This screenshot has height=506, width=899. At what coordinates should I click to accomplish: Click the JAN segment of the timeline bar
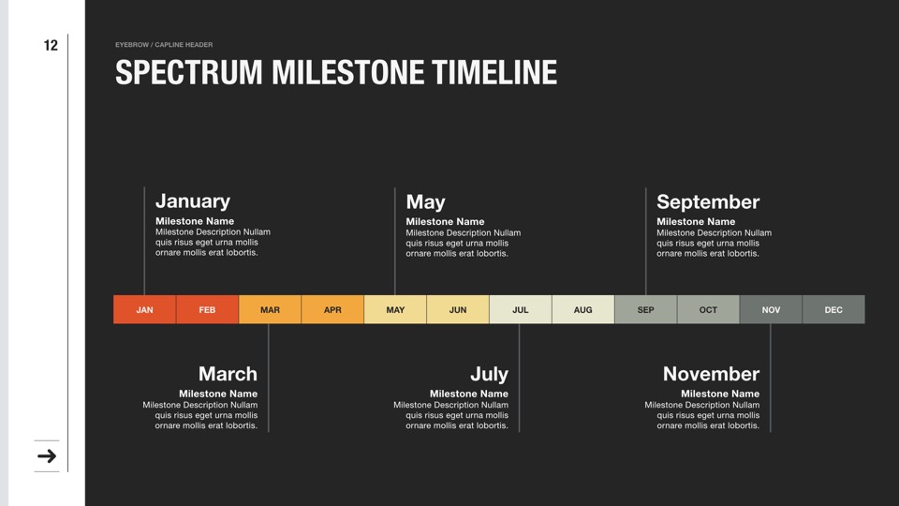[144, 309]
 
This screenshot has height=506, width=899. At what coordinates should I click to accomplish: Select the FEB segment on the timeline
[207, 309]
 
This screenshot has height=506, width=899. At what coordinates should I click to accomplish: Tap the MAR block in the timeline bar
[270, 309]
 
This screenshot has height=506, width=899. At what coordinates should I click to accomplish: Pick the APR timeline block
[332, 309]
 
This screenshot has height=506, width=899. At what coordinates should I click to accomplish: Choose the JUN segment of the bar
[458, 309]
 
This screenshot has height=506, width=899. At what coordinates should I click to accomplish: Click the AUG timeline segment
[583, 309]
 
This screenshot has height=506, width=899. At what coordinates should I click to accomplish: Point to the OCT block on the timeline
[708, 309]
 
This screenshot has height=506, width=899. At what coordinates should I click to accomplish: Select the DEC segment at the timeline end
[833, 309]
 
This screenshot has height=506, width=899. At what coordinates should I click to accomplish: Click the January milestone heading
[193, 201]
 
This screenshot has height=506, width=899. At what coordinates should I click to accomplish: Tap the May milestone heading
[425, 202]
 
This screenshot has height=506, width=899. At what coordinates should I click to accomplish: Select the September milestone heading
[708, 202]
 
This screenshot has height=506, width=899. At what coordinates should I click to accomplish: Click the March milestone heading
[228, 374]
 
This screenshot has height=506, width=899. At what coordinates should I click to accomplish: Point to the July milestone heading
[489, 375]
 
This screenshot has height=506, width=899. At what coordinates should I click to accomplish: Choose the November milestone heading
[711, 374]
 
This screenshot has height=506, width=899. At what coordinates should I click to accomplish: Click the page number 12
[51, 45]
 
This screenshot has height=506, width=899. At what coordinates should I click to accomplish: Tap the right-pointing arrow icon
[47, 456]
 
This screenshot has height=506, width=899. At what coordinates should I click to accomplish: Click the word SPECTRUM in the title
[188, 72]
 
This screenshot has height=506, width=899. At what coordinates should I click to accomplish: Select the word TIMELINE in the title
[494, 72]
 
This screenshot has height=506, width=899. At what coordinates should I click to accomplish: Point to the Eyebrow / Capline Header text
[164, 45]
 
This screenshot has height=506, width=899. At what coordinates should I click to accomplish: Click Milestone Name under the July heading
[469, 394]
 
